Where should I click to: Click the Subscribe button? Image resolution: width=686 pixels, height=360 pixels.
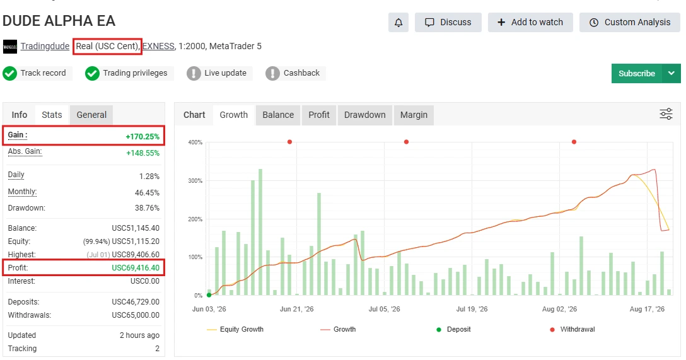click(x=637, y=74)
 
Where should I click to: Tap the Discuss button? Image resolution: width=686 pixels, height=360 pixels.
click(x=448, y=22)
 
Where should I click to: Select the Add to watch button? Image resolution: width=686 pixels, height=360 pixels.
click(x=530, y=22)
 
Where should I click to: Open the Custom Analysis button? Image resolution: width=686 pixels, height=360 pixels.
click(x=630, y=22)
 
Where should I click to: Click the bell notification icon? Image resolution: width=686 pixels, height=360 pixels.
click(x=398, y=22)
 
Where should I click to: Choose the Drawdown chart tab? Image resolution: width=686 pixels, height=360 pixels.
click(x=365, y=115)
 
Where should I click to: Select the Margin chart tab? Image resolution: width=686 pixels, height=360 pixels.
click(x=414, y=115)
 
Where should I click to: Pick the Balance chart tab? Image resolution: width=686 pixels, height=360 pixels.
click(x=278, y=115)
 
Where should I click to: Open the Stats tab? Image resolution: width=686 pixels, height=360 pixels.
click(x=52, y=115)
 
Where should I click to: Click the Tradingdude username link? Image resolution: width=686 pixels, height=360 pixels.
click(x=45, y=46)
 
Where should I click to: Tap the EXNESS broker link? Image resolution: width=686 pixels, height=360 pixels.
click(x=158, y=46)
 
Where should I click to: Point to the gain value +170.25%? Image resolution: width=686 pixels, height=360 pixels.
click(x=142, y=136)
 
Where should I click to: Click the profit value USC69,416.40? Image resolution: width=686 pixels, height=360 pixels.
click(x=136, y=268)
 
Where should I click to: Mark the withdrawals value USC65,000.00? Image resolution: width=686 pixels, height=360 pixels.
click(x=136, y=315)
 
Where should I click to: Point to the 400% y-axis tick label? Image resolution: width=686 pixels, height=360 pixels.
click(x=195, y=142)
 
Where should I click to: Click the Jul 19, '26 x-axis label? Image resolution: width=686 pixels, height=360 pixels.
click(x=472, y=309)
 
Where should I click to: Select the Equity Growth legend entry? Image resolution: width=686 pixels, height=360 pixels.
click(x=235, y=329)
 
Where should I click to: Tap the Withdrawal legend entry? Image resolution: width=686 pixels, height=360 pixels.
click(x=573, y=329)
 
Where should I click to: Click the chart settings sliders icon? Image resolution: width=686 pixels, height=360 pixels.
click(x=666, y=114)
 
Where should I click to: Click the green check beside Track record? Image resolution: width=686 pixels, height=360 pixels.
click(x=9, y=74)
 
